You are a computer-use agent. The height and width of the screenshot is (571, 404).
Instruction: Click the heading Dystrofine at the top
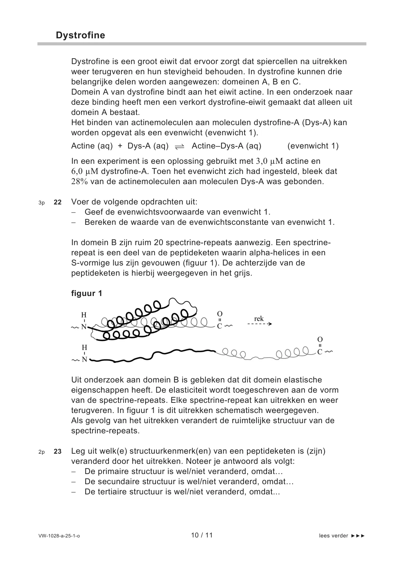pyautogui.click(x=80, y=35)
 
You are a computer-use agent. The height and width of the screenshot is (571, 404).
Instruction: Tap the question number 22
pyautogui.click(x=58, y=202)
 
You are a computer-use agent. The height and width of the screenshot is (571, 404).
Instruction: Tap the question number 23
pyautogui.click(x=58, y=452)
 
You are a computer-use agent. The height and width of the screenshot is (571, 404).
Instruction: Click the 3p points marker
pyautogui.click(x=41, y=203)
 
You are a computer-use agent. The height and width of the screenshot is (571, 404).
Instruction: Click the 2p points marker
pyautogui.click(x=41, y=452)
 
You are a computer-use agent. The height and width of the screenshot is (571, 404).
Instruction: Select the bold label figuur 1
pyautogui.click(x=86, y=293)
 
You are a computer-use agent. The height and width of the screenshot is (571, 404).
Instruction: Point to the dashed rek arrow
pyautogui.click(x=259, y=324)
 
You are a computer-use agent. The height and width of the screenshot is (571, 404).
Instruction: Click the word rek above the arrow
pyautogui.click(x=259, y=318)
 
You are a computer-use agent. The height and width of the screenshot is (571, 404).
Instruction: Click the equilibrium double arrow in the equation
pyautogui.click(x=180, y=146)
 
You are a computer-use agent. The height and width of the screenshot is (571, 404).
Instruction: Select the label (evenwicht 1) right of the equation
pyautogui.click(x=313, y=146)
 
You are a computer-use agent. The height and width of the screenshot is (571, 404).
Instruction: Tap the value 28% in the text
pyautogui.click(x=79, y=181)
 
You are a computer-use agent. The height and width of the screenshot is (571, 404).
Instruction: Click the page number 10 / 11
pyautogui.click(x=202, y=535)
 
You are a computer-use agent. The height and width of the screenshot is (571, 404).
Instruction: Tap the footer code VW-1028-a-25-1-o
pyautogui.click(x=59, y=536)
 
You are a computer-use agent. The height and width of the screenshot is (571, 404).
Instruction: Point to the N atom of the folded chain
pyautogui.click(x=84, y=327)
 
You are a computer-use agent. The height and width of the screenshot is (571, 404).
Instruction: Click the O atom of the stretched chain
pyautogui.click(x=320, y=339)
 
